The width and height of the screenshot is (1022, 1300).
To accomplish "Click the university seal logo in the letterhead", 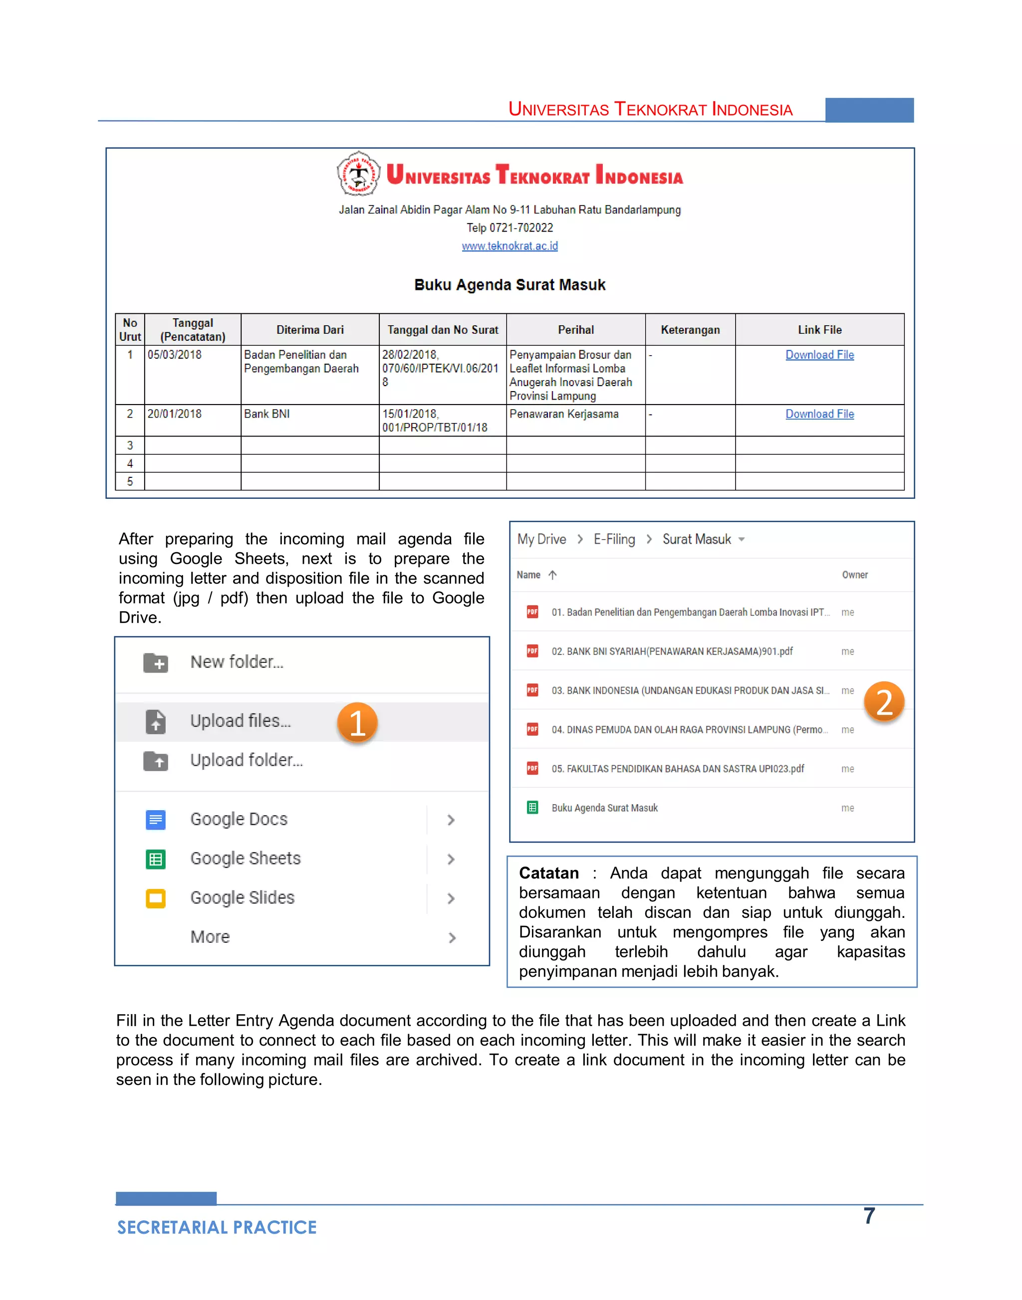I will click(x=358, y=174).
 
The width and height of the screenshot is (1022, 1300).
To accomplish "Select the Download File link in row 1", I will click(x=819, y=355).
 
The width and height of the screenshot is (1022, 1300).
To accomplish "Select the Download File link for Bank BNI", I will click(x=819, y=414).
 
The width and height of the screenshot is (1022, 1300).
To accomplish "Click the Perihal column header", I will click(x=575, y=330).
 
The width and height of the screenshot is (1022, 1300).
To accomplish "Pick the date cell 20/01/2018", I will click(x=175, y=414).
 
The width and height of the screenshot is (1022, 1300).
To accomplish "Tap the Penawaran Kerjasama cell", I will click(x=564, y=414).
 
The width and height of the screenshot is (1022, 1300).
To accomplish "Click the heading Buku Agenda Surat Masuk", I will click(x=510, y=285).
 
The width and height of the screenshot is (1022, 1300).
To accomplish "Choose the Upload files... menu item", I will click(x=241, y=721).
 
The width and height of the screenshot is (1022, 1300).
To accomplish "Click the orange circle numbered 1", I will click(x=357, y=723).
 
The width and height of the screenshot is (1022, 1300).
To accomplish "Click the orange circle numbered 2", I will click(x=884, y=702).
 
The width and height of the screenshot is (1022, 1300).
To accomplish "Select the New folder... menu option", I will click(x=237, y=661).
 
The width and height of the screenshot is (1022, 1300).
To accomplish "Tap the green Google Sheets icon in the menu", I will click(x=156, y=859).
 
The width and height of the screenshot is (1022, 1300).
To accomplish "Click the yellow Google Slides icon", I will click(x=156, y=898).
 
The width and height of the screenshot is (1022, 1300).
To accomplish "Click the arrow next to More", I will click(x=452, y=937).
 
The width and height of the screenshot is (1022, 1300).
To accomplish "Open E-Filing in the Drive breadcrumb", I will click(x=614, y=539).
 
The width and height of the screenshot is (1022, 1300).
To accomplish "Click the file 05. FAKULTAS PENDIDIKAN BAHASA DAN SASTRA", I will click(x=677, y=769).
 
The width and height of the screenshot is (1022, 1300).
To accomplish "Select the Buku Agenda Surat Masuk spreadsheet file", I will click(x=604, y=808).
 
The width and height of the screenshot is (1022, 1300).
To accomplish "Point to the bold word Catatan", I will click(x=549, y=873).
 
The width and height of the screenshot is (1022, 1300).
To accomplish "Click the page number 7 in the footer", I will click(x=869, y=1216).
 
